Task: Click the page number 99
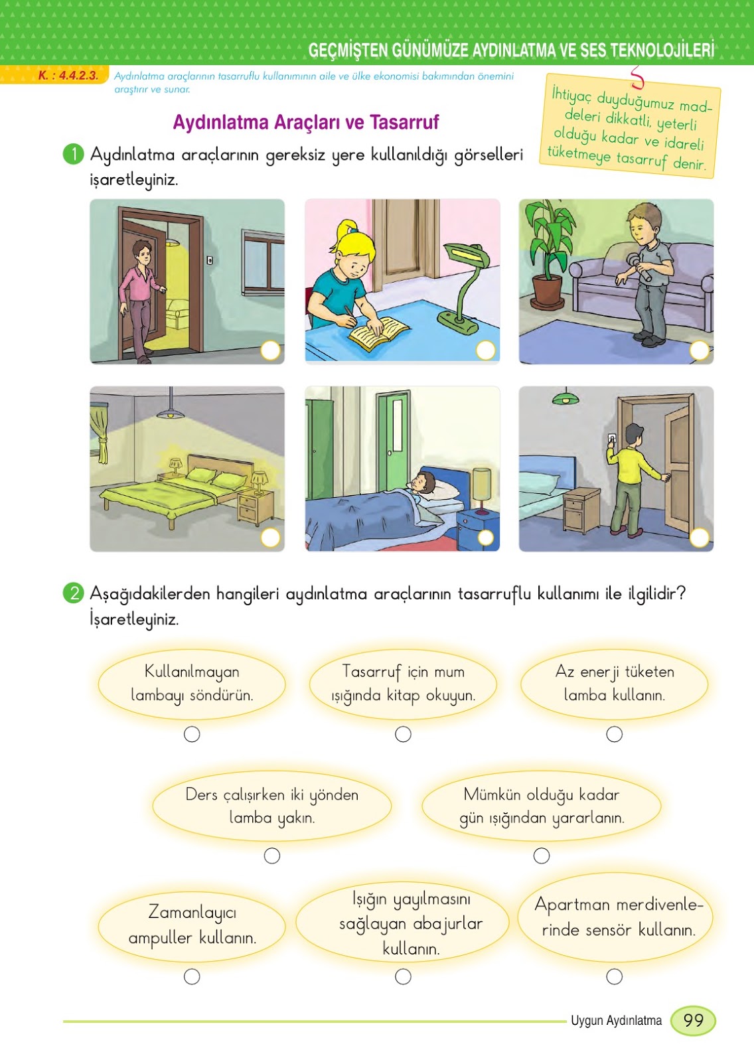tap(693, 1020)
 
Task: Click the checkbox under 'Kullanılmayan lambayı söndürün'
tap(192, 734)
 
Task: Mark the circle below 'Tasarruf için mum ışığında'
tap(403, 734)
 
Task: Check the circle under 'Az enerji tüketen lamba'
tap(615, 734)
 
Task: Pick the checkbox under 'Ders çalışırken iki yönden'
tap(272, 856)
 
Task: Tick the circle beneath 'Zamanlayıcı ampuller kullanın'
tap(192, 976)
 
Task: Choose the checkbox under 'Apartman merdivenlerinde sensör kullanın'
tap(615, 976)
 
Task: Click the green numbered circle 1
tap(73, 154)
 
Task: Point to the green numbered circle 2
tap(73, 593)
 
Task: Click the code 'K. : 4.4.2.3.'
tap(68, 76)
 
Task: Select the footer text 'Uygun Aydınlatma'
tap(616, 1021)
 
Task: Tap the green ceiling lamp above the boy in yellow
tap(565, 398)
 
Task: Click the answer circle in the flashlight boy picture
tap(700, 350)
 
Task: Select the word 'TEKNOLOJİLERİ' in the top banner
tap(662, 50)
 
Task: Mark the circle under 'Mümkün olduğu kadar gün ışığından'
tap(542, 856)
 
